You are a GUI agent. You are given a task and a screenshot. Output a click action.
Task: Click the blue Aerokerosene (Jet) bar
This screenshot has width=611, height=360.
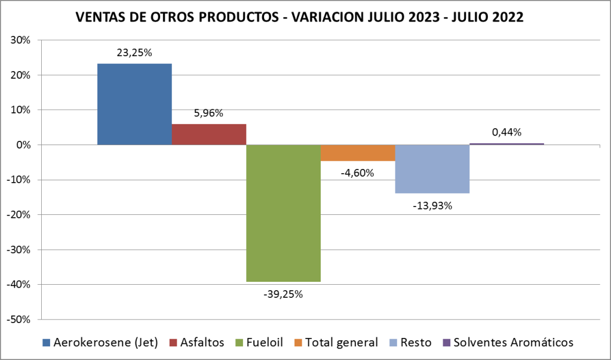pos(134,104)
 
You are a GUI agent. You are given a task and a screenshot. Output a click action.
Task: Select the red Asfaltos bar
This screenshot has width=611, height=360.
pos(208,134)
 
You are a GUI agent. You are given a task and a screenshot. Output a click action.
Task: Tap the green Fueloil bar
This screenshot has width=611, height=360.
pos(283,213)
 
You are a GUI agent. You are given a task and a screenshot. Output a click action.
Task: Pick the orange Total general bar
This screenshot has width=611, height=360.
pos(358,153)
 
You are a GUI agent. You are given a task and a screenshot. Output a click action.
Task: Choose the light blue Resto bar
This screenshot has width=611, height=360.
pos(432,169)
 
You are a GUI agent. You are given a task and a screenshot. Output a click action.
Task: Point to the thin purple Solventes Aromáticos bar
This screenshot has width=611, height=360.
pos(506,144)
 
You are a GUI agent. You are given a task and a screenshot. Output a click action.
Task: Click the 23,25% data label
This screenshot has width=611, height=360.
pos(134,53)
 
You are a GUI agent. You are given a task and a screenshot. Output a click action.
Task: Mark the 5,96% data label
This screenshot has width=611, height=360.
pos(208,113)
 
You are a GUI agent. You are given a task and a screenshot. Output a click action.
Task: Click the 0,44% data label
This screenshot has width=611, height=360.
pos(506,132)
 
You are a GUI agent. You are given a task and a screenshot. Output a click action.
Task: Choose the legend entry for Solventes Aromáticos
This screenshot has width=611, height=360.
pos(513,343)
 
